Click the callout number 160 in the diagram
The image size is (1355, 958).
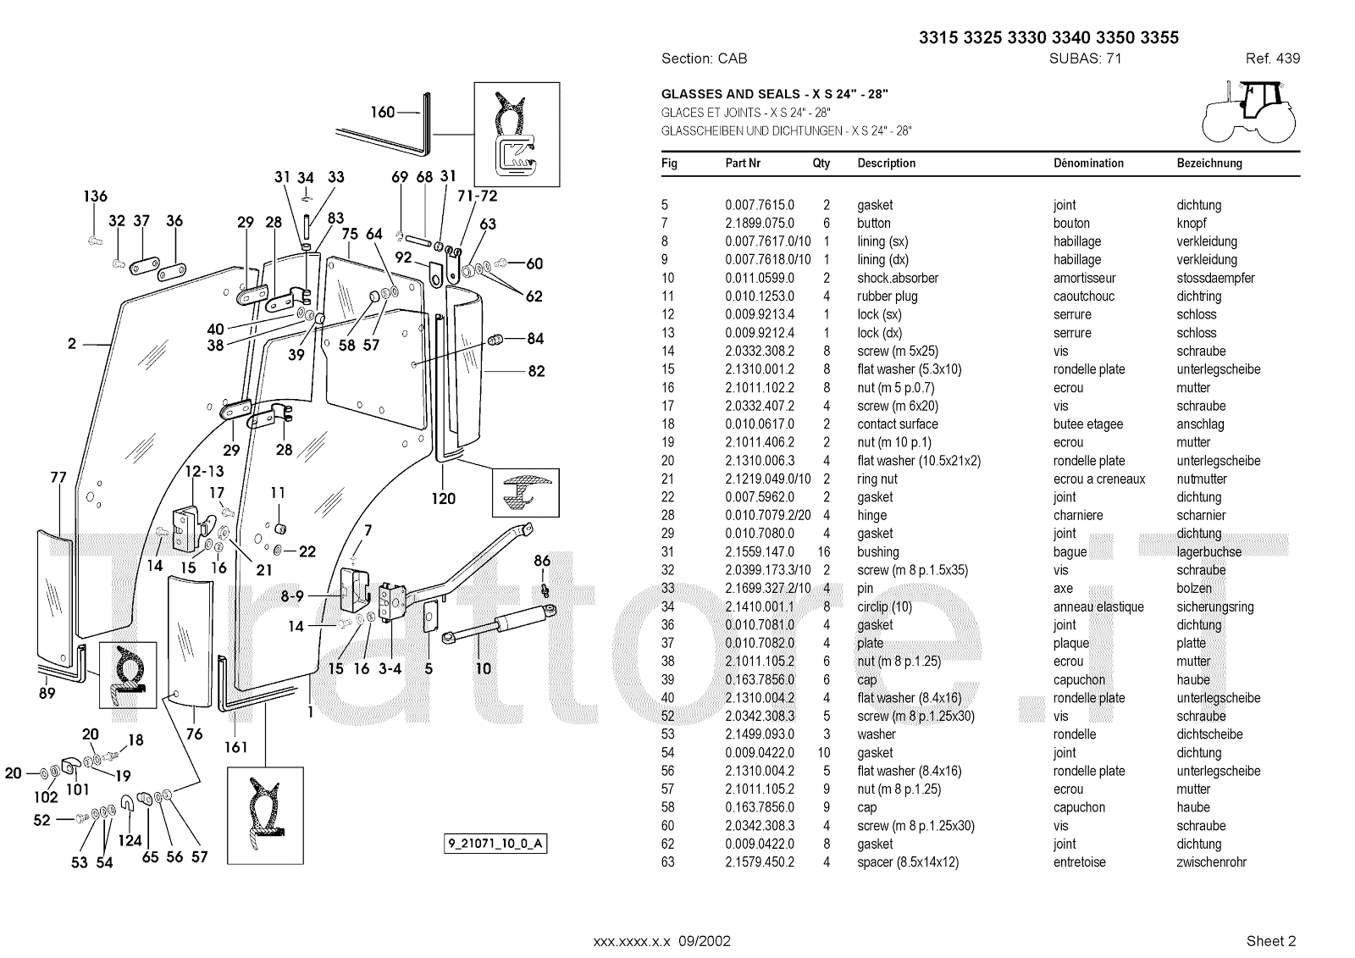coord(383,112)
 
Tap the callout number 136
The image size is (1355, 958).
coord(95,197)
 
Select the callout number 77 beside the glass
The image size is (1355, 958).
coord(58,478)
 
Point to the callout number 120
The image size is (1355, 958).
coord(444,499)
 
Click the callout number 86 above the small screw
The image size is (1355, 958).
coord(542,561)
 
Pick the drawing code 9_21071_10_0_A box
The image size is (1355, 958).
coord(495,844)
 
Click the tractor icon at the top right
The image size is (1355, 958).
coord(1248,110)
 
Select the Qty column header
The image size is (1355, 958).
coord(821,163)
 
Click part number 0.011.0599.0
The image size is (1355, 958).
coord(760,278)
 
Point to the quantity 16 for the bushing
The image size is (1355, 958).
coord(827,552)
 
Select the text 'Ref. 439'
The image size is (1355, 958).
coord(1272,58)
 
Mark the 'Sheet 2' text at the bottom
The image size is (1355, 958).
coord(1271,940)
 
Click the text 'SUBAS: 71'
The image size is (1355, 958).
coord(1086,58)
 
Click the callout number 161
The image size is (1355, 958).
coord(236,746)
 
